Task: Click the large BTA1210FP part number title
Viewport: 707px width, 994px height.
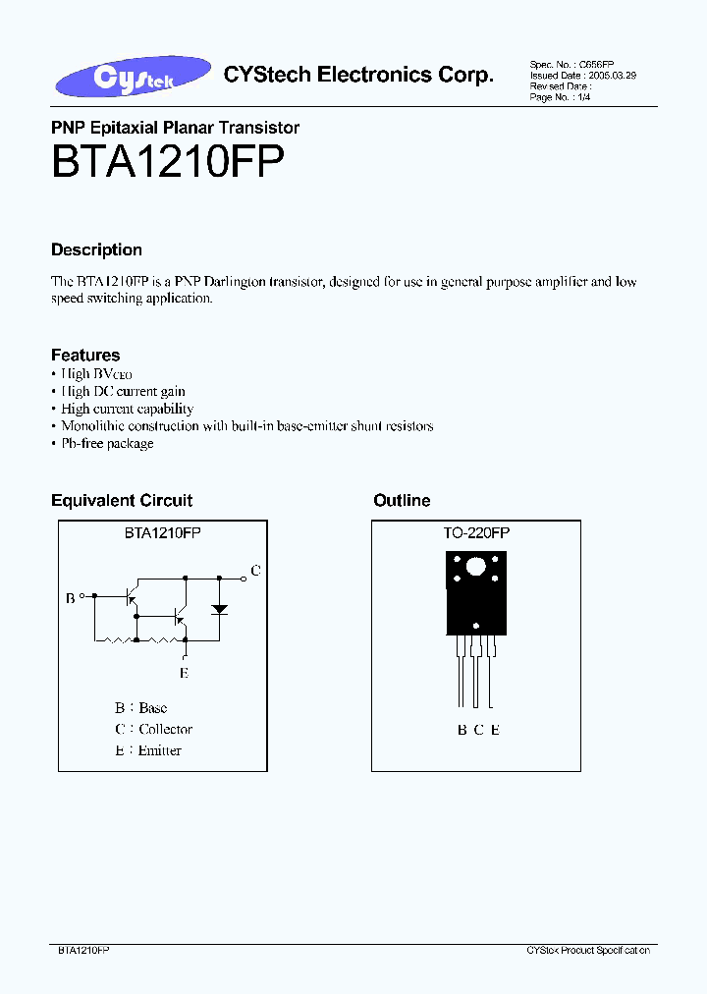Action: pyautogui.click(x=168, y=161)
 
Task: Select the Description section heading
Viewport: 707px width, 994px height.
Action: pyautogui.click(x=96, y=249)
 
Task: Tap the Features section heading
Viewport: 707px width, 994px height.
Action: pyautogui.click(x=85, y=355)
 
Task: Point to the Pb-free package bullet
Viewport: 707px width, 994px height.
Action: pyautogui.click(x=107, y=443)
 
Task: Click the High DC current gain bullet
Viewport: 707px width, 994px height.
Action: pyautogui.click(x=123, y=391)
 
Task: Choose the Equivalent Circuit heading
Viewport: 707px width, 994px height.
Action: pyautogui.click(x=122, y=501)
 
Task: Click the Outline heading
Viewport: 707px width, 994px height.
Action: pyautogui.click(x=402, y=501)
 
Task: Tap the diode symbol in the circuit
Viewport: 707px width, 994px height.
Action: pyautogui.click(x=220, y=609)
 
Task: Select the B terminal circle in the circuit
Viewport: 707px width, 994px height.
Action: pyautogui.click(x=82, y=594)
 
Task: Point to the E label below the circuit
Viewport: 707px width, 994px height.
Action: pyautogui.click(x=184, y=673)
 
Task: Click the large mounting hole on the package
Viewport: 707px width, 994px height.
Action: pyautogui.click(x=476, y=567)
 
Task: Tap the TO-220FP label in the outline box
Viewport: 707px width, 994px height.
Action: pyautogui.click(x=476, y=532)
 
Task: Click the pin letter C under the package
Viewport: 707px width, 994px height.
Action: pyautogui.click(x=478, y=730)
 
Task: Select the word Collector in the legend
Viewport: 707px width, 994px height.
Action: pyautogui.click(x=166, y=729)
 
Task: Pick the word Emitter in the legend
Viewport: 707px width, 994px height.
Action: pyautogui.click(x=160, y=750)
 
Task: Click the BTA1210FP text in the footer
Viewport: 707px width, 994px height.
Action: pyautogui.click(x=83, y=951)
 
